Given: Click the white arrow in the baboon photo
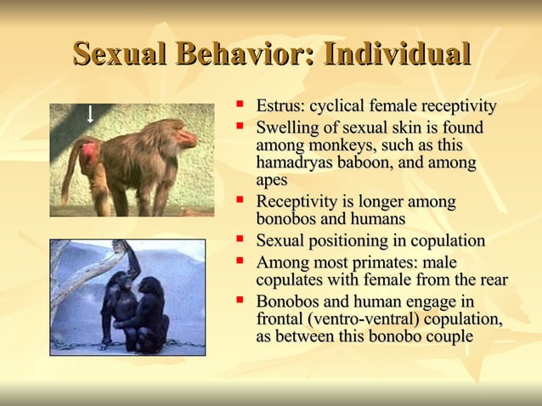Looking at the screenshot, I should click(x=89, y=114).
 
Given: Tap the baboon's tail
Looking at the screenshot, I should click(x=66, y=183).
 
